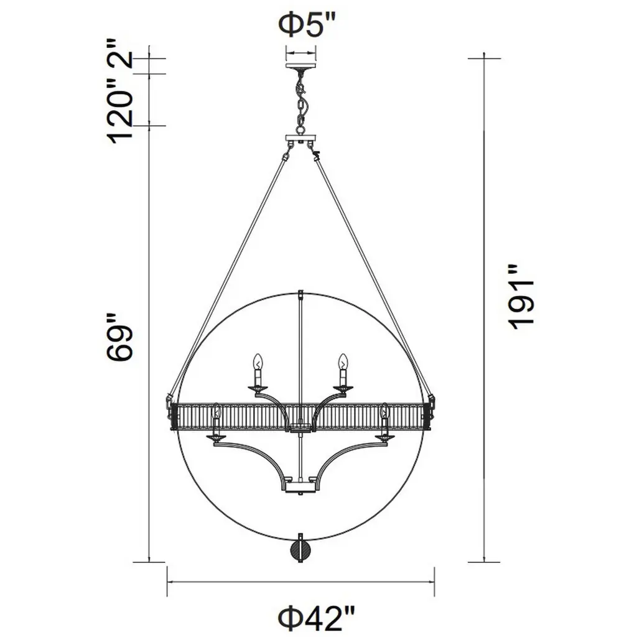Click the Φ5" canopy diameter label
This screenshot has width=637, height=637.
click(307, 25)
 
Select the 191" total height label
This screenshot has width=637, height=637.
click(520, 297)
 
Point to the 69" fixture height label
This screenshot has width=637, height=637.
click(120, 337)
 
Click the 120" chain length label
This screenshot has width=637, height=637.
click(120, 112)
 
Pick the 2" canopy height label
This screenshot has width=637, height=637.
click(120, 54)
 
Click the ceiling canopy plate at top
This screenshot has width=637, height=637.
click(300, 65)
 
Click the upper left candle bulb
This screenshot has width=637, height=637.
click(257, 361)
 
